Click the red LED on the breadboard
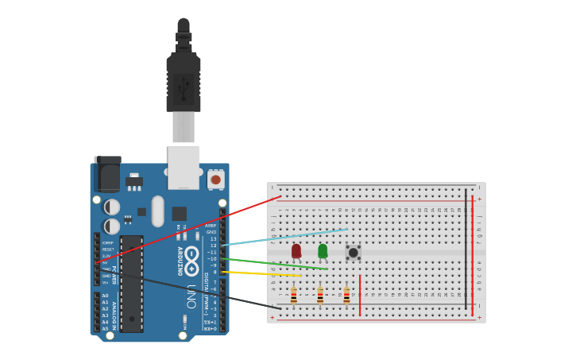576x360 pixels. click(296, 251)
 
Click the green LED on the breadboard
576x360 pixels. click(323, 251)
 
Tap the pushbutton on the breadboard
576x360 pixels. click(353, 253)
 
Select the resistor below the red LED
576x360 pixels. click(294, 296)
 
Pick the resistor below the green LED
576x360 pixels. click(320, 296)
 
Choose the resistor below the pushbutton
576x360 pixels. click(346, 296)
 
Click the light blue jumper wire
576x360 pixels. click(286, 238)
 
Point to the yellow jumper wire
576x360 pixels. click(262, 273)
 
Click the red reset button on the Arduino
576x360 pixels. click(215, 180)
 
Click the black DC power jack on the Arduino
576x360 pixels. click(107, 172)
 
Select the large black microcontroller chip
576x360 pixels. click(131, 284)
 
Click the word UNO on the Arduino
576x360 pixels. click(191, 296)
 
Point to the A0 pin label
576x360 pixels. click(105, 296)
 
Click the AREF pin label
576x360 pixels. click(211, 226)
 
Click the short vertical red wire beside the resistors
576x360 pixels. click(360, 295)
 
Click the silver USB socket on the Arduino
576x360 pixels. click(184, 166)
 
